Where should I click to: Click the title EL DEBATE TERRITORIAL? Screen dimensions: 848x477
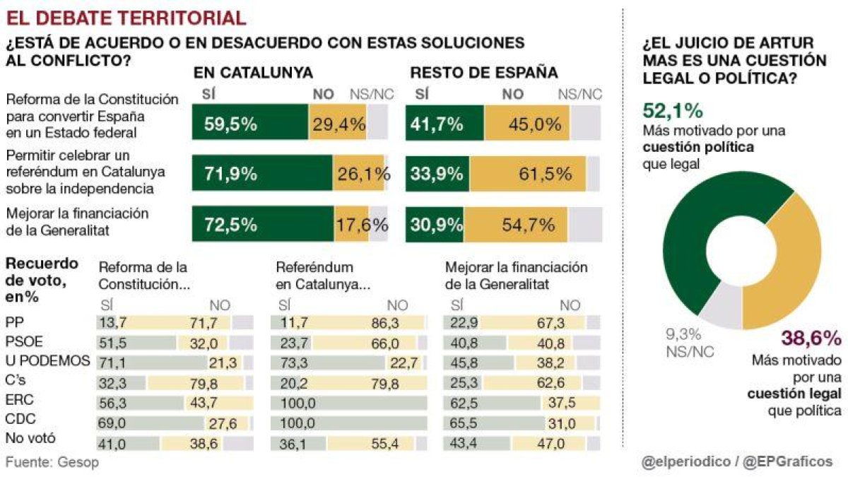[126, 18]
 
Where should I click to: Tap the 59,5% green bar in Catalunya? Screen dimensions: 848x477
[250, 122]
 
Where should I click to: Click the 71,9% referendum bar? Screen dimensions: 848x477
[262, 172]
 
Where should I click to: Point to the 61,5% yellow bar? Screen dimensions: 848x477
[528, 173]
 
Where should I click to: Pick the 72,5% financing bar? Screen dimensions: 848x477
[263, 224]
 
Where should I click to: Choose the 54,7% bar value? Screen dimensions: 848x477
[528, 225]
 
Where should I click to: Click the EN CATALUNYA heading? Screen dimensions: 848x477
[253, 73]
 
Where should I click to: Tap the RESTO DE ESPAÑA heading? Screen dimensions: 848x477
[484, 73]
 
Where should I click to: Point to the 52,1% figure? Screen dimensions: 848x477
[673, 111]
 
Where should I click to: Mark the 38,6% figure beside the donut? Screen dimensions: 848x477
[812, 338]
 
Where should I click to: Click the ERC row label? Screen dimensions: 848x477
[19, 399]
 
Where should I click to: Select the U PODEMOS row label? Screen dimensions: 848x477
[48, 360]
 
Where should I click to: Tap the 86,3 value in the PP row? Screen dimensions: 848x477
[385, 323]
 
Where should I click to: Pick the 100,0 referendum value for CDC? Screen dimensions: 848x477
[298, 423]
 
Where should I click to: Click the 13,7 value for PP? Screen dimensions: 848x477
[113, 323]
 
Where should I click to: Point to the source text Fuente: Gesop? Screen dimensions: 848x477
[52, 462]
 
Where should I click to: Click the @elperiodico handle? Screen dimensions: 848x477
[686, 462]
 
